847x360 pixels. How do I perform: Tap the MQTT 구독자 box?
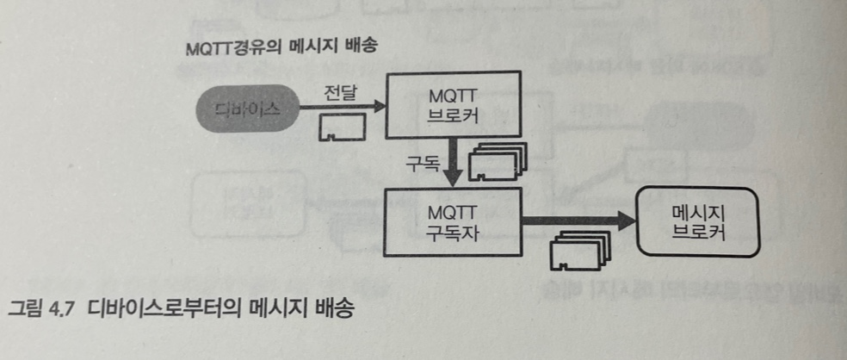pyautogui.click(x=453, y=221)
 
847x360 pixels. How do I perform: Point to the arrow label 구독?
pyautogui.click(x=418, y=161)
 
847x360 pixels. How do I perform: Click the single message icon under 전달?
pyautogui.click(x=342, y=129)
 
